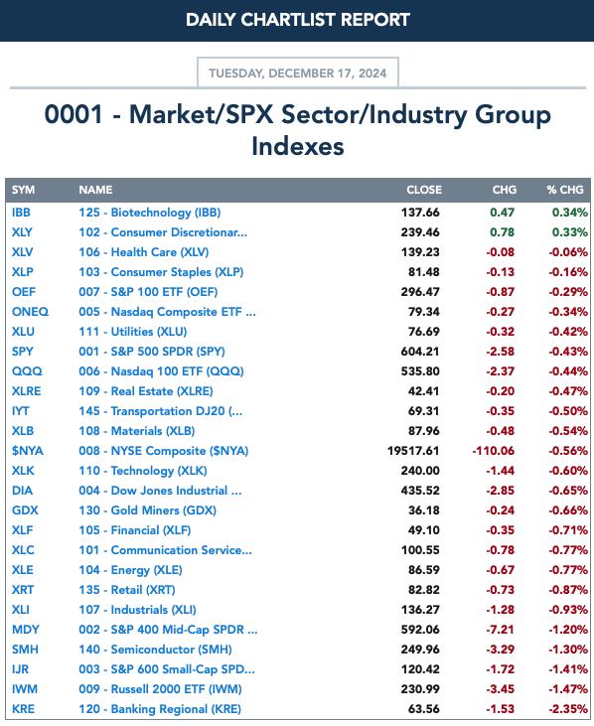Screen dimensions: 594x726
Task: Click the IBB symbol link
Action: pyautogui.click(x=21, y=213)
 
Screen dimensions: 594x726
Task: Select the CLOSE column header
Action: pyautogui.click(x=424, y=190)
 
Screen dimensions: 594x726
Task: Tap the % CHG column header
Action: pyautogui.click(x=565, y=190)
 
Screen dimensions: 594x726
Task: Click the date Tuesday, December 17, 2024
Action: pyautogui.click(x=298, y=73)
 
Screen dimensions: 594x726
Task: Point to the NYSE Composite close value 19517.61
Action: pyautogui.click(x=413, y=451)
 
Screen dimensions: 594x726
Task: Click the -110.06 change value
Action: pyautogui.click(x=494, y=451)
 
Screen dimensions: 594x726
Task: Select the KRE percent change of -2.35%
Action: pyautogui.click(x=568, y=709)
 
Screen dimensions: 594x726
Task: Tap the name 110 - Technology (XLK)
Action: pyautogui.click(x=143, y=471)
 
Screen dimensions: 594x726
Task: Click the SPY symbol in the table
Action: pyautogui.click(x=23, y=352)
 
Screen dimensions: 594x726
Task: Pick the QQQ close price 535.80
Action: pyautogui.click(x=420, y=371)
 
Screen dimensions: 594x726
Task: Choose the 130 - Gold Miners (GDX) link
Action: pyautogui.click(x=148, y=510)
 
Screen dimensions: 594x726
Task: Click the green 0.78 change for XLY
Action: pyautogui.click(x=503, y=232)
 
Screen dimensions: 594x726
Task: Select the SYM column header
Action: pyautogui.click(x=23, y=190)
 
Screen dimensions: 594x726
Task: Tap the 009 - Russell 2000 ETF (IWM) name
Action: pyautogui.click(x=160, y=689)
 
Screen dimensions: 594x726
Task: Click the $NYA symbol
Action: pyautogui.click(x=27, y=451)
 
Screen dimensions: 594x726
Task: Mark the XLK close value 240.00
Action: pyautogui.click(x=420, y=471)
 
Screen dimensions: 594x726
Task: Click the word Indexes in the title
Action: pyautogui.click(x=298, y=146)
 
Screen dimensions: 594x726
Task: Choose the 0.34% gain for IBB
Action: pyautogui.click(x=570, y=213)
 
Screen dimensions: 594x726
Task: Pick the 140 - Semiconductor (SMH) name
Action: pyautogui.click(x=155, y=650)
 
